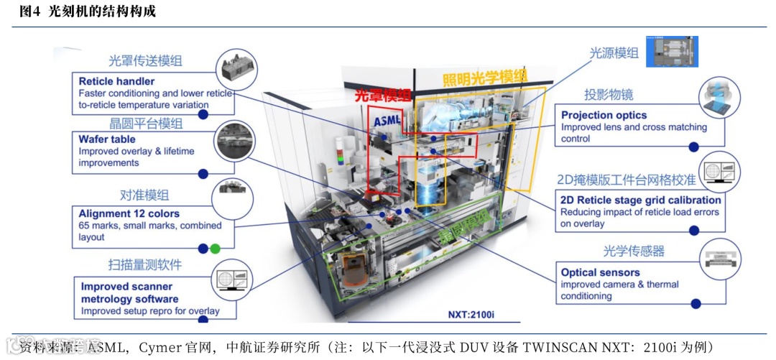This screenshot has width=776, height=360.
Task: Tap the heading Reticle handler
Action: (116, 81)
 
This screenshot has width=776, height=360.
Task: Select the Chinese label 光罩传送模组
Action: (145, 61)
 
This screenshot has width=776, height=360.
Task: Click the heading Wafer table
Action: (107, 139)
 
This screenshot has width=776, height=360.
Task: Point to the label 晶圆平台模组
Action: (146, 124)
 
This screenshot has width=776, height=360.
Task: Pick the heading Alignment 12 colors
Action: (129, 213)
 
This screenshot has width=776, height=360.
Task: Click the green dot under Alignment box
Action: (215, 249)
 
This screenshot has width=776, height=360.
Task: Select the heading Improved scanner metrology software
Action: (129, 292)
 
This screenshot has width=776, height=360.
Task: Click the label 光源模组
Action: (614, 52)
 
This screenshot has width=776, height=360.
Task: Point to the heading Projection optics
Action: (604, 115)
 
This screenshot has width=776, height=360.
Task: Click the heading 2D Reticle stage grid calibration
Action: (640, 200)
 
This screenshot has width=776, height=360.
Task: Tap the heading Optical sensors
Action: (600, 272)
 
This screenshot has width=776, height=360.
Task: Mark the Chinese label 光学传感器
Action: (633, 251)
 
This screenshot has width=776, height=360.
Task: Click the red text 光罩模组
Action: (382, 96)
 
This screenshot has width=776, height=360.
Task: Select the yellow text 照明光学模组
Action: (484, 76)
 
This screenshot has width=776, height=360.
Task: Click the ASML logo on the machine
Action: (386, 120)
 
